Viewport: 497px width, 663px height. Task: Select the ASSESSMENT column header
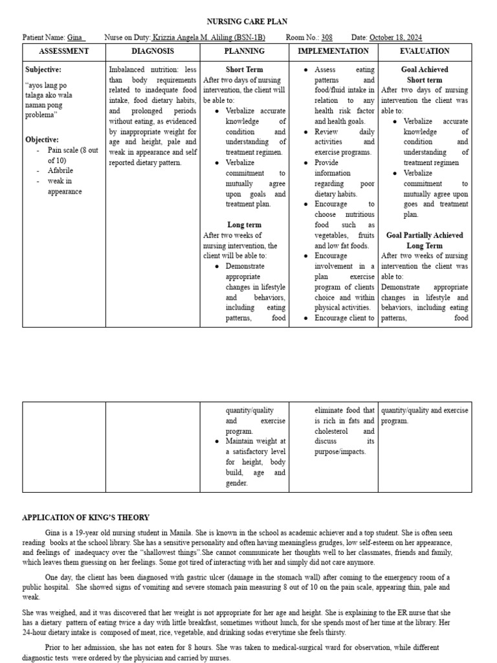pos(63,51)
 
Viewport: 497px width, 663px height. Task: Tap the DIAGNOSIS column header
pos(153,51)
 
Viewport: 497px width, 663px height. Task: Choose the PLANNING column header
pos(244,51)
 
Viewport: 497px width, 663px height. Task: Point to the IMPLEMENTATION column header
pos(333,51)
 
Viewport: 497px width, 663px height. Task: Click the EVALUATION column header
pos(425,51)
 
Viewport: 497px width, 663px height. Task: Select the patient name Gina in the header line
pos(75,38)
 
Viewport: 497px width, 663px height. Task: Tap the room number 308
pos(327,38)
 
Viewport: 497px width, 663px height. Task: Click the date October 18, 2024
pos(395,38)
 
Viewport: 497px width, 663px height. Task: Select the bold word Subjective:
pos(43,69)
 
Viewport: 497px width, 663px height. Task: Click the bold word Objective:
pos(42,139)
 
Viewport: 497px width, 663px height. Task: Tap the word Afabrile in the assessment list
pos(61,171)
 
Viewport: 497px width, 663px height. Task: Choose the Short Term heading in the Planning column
pos(244,69)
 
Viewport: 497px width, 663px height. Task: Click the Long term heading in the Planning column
pos(244,225)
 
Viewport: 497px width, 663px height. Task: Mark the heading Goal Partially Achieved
pos(425,235)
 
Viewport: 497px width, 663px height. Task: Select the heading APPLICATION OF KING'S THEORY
pos(85,517)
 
